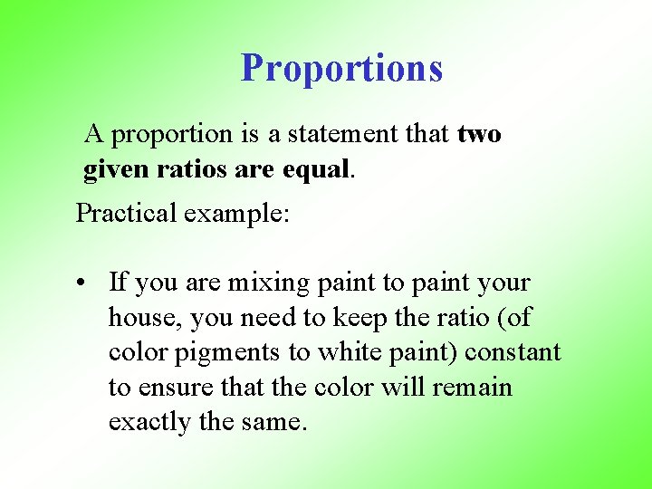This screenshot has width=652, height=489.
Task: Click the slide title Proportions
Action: point(341,68)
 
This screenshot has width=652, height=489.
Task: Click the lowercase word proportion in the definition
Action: point(173,134)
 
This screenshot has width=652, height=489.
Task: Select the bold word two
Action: point(479,134)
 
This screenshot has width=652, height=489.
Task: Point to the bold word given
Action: point(114,169)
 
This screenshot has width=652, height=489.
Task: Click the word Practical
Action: point(126,213)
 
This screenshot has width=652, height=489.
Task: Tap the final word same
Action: point(275,423)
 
